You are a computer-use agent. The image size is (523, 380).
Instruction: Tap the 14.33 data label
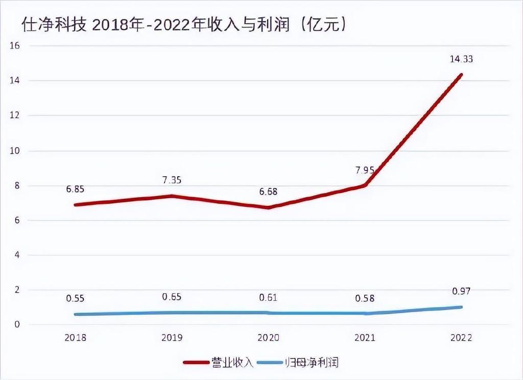pos(461,59)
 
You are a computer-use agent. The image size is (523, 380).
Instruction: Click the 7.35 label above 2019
pos(172,180)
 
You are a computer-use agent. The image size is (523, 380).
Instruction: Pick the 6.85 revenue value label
pos(75,189)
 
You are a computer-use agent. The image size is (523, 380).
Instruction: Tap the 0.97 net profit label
pos(461,291)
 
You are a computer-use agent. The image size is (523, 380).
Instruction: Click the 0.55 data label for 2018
pos(75,298)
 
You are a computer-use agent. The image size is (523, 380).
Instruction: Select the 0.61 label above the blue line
pos(268,297)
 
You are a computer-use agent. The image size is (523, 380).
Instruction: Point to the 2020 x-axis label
pos(268,338)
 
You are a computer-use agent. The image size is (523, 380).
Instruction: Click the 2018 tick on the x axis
pos(75,338)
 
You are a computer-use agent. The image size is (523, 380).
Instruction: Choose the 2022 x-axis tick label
pos(461,338)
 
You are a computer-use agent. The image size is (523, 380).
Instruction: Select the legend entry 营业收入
pos(232,363)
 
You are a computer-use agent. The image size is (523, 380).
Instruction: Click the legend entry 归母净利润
pos(318,363)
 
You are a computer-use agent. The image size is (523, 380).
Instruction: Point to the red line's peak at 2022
pos(461,75)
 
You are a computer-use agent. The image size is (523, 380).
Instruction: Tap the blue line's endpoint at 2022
pos(461,307)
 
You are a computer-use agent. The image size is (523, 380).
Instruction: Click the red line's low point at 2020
pos(269,207)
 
